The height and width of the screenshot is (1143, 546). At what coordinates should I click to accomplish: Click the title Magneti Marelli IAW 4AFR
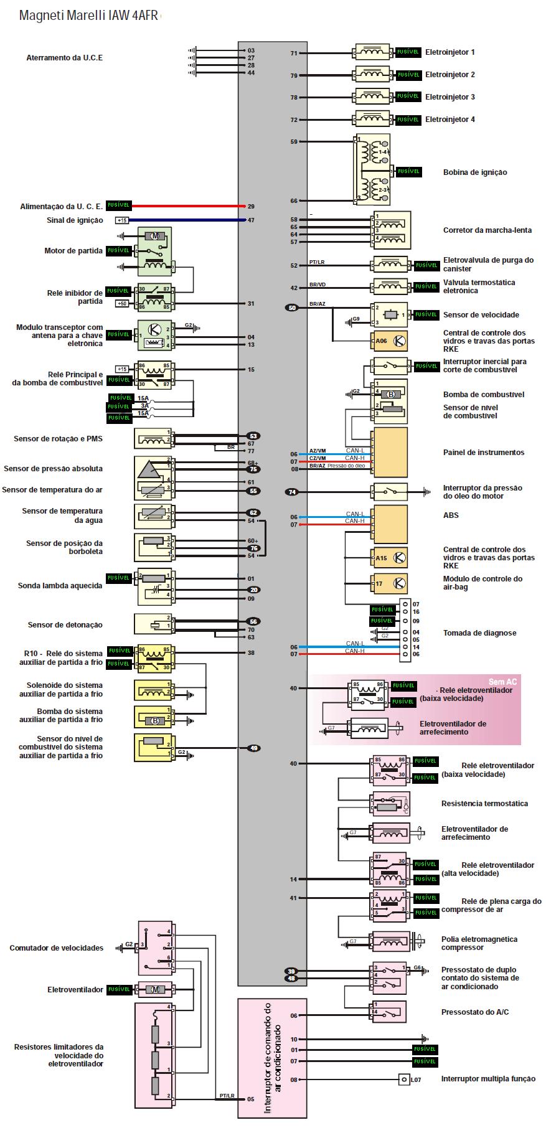(88, 16)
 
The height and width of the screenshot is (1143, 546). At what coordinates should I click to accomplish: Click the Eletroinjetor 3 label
(450, 97)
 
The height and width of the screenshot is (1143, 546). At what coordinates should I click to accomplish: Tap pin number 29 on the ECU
(251, 206)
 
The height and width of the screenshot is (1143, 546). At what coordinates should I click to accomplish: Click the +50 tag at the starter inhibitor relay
(122, 303)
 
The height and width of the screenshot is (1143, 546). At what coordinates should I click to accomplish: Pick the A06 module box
(390, 341)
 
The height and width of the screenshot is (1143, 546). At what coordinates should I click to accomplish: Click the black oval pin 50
(292, 308)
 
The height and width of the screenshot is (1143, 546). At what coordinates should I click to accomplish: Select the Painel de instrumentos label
(483, 453)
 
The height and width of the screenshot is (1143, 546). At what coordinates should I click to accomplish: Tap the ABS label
(451, 515)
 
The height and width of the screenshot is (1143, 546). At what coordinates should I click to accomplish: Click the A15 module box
(390, 558)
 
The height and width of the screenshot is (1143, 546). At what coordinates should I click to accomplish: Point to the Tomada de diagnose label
(479, 633)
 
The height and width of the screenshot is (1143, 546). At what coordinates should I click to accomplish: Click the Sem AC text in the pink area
(502, 682)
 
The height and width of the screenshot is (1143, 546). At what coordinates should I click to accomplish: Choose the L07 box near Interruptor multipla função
(405, 1079)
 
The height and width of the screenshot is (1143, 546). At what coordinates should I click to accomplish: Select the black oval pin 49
(253, 748)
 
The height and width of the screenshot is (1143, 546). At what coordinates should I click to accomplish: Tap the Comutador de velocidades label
(56, 948)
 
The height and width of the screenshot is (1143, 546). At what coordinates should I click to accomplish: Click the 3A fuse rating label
(144, 406)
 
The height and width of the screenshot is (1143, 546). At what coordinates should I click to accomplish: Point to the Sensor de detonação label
(65, 625)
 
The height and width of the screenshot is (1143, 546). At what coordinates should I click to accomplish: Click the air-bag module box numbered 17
(390, 583)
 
